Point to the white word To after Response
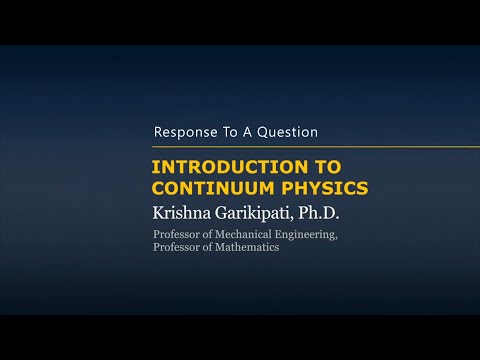[x=230, y=132]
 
